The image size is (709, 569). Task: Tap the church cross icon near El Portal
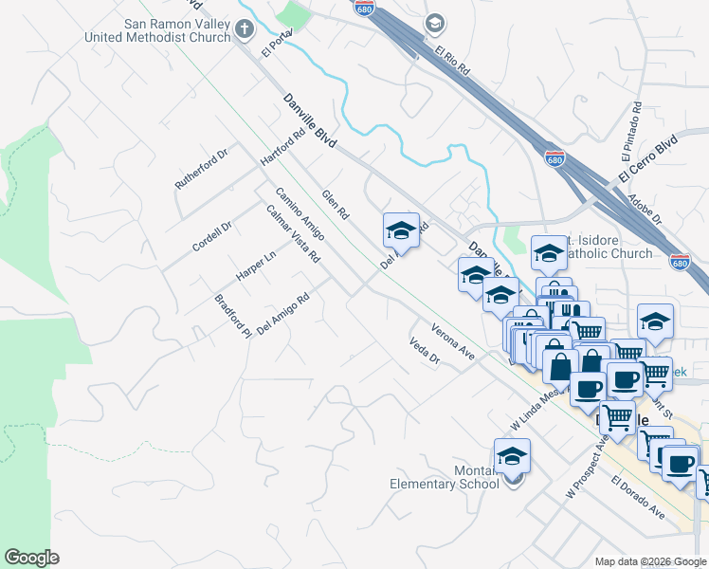245,28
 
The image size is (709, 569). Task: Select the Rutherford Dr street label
202,169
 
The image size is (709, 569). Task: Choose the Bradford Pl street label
232,316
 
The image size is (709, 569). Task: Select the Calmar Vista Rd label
293,234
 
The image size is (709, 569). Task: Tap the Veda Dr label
425,352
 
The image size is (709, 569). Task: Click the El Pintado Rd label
630,131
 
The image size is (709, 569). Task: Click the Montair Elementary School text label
445,477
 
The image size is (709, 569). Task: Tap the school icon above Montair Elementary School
512,457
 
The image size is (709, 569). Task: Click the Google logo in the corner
31,558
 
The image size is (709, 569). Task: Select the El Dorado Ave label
637,496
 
